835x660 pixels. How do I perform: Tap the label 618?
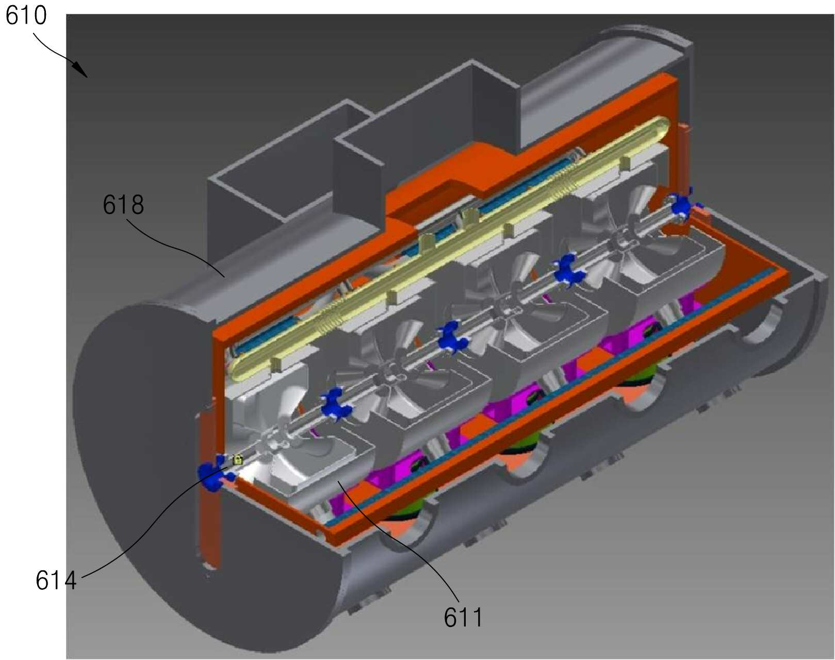[123, 205]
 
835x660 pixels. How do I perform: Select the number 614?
[56, 581]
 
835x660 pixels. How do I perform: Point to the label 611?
[463, 617]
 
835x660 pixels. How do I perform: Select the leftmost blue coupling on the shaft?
[212, 472]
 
